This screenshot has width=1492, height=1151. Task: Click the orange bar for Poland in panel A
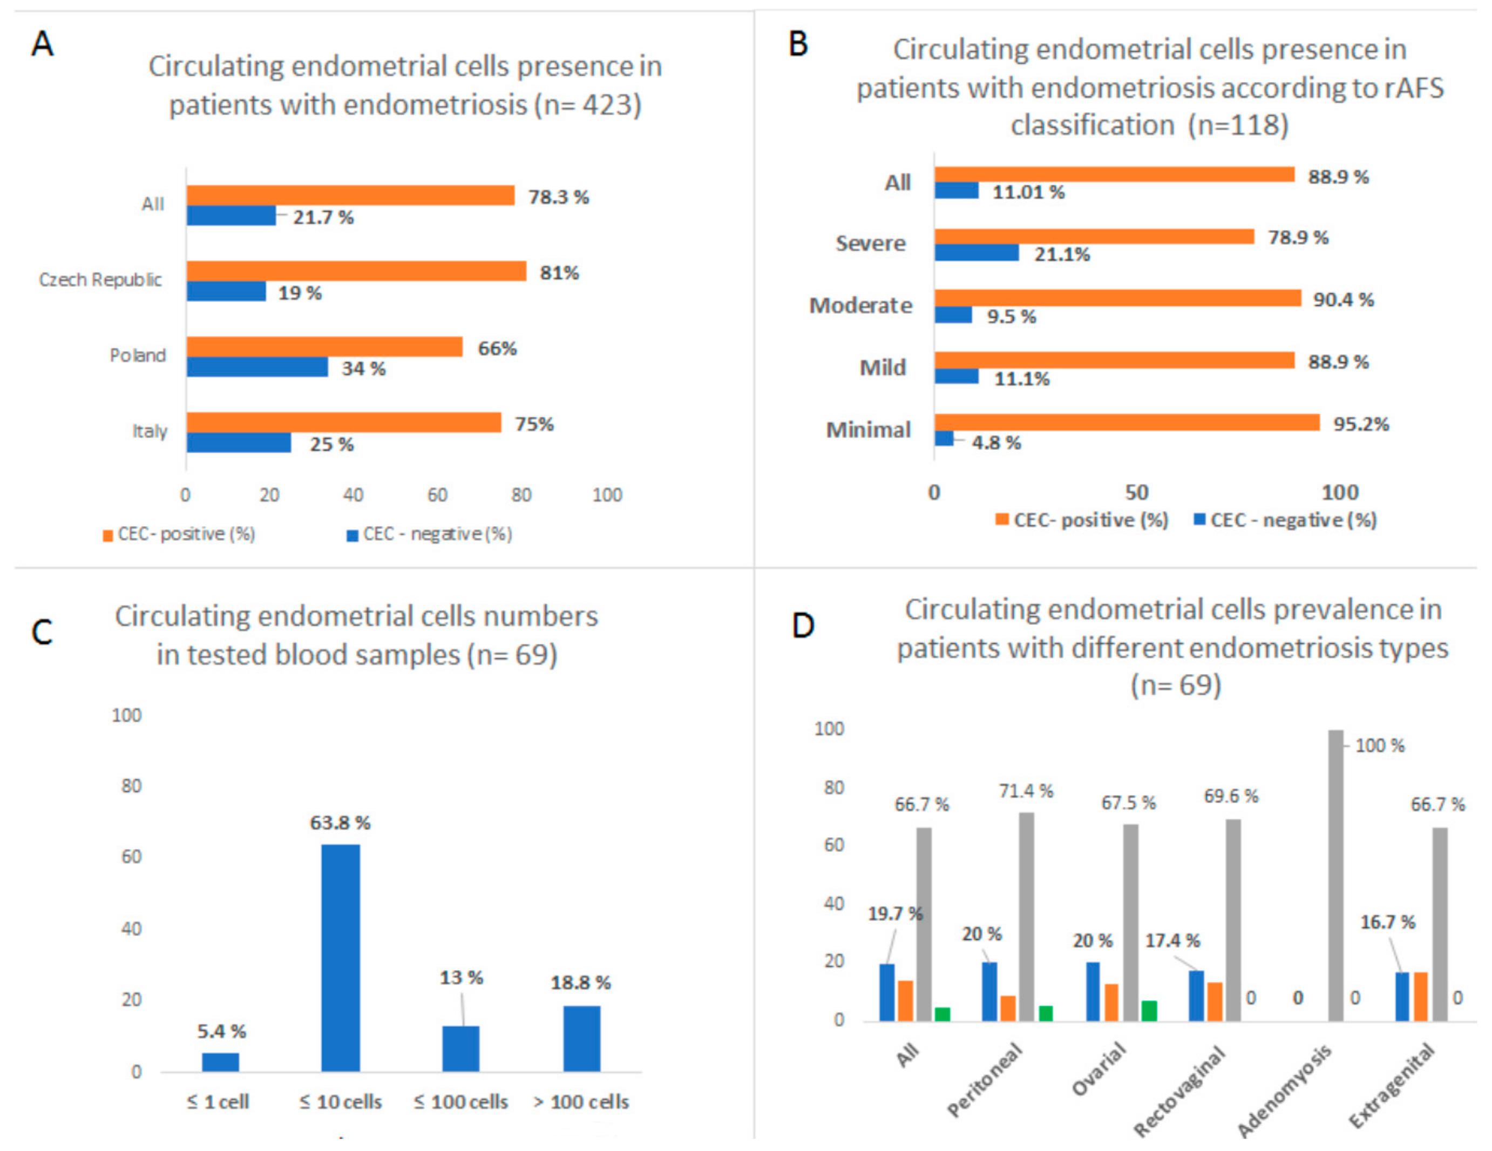[324, 347]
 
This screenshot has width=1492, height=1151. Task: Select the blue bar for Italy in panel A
[239, 443]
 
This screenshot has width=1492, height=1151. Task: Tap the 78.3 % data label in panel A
[558, 198]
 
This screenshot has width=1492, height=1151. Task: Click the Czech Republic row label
[100, 280]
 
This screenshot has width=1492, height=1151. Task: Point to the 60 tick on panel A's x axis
[437, 495]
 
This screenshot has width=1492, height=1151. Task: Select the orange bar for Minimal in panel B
[1127, 422]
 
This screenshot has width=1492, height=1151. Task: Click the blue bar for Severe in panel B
[977, 253]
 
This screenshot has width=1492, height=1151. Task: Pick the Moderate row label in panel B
[860, 306]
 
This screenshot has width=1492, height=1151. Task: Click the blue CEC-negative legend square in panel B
[1199, 520]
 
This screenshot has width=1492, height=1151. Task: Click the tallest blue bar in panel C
[340, 957]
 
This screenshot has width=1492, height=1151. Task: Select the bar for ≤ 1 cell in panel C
[221, 1061]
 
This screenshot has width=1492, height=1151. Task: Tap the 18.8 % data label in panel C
[581, 983]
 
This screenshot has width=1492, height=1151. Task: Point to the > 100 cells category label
[581, 1102]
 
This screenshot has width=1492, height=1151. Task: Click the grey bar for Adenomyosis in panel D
[1335, 875]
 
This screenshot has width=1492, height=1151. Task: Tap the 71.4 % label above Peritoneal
[1026, 791]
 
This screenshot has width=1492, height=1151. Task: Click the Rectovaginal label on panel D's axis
[1180, 1089]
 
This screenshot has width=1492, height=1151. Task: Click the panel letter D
[803, 625]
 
